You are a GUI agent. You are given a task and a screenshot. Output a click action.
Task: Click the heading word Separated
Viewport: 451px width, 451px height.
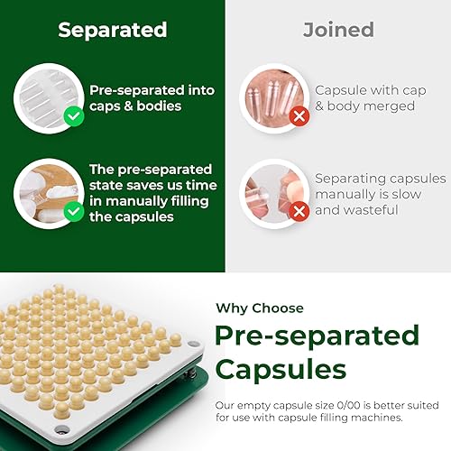113,30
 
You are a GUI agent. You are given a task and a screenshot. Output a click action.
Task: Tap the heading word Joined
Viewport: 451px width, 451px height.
338,30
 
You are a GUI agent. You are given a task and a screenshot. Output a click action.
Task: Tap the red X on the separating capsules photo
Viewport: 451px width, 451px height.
297,211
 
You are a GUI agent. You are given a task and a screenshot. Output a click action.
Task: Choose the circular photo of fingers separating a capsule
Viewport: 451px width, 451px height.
272,190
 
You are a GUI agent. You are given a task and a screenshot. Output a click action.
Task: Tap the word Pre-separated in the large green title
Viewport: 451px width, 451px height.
317,336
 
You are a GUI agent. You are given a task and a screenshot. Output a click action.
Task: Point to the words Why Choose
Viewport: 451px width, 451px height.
259,308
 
